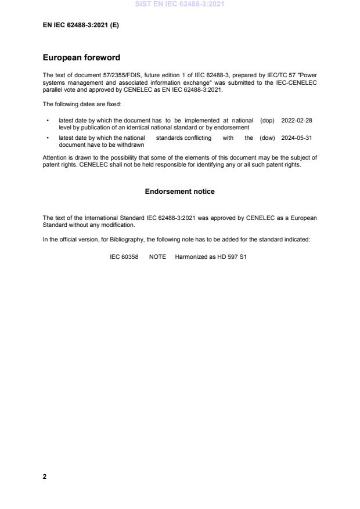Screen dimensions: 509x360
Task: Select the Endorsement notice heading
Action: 180,192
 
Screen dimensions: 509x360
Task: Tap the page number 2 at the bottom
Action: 45,476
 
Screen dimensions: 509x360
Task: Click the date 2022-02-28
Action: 297,121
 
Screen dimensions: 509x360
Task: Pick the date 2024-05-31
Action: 297,138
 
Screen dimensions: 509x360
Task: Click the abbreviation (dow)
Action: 268,138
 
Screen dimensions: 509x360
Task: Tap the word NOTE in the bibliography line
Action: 157,257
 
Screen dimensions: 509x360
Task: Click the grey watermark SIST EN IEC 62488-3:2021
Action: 180,4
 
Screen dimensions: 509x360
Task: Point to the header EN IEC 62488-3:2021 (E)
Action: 81,26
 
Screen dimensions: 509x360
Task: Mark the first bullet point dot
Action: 47,121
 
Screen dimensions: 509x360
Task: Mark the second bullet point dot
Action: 47,138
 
